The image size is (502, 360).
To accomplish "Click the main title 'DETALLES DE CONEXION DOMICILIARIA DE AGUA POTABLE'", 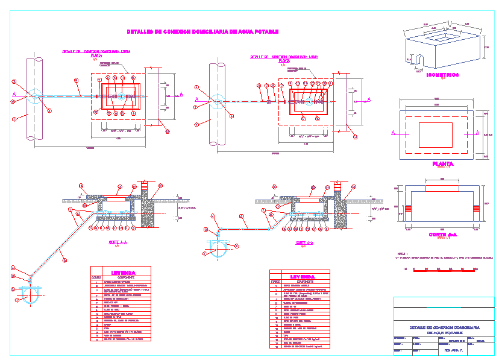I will [x=202, y=31].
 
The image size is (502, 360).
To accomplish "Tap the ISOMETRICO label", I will [x=442, y=75].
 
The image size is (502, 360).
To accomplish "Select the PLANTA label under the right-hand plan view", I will [x=442, y=163].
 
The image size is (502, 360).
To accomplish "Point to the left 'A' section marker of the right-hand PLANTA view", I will [x=394, y=133].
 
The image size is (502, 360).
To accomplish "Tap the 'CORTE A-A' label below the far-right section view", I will [x=442, y=235].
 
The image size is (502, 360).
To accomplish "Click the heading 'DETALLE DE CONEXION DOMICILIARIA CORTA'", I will [x=96, y=52].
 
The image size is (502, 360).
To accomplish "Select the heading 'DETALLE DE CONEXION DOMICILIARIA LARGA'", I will [x=284, y=57].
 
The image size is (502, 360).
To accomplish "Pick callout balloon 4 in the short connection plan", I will [x=49, y=110].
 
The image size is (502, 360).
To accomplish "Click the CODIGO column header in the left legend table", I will [x=96, y=278].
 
